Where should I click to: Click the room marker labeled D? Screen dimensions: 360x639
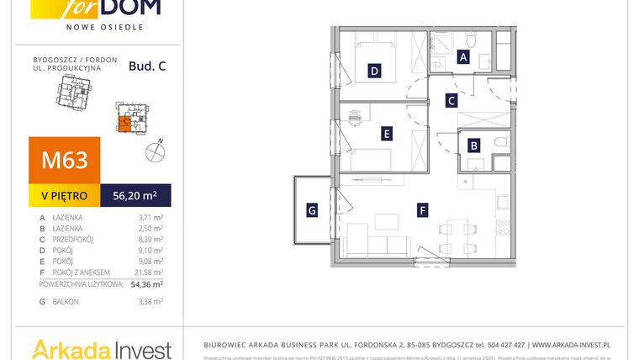click(x=374, y=71)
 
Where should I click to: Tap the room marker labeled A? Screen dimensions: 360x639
click(x=462, y=57)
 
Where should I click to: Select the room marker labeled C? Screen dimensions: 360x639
click(x=451, y=101)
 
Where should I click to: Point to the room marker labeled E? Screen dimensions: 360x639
click(x=386, y=133)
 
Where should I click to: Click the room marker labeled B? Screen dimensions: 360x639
click(x=473, y=146)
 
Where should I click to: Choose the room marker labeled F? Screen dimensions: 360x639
click(x=423, y=210)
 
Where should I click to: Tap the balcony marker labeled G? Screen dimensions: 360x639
click(x=312, y=210)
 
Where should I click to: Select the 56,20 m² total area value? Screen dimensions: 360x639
click(x=135, y=196)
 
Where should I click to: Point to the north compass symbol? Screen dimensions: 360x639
click(x=155, y=151)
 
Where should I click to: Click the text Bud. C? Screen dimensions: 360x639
click(x=147, y=66)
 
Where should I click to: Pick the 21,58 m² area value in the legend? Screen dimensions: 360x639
click(x=150, y=272)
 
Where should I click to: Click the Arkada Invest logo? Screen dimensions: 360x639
click(x=101, y=348)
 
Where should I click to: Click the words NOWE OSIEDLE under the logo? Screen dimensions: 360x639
click(x=104, y=27)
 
